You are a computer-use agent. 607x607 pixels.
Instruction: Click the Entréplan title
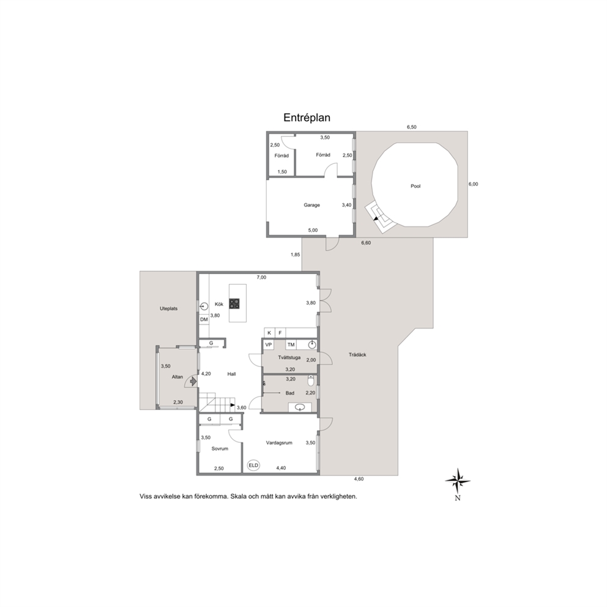pos(307,117)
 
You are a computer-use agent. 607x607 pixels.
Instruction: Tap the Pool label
pos(415,186)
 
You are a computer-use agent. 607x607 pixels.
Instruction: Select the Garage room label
pos(311,205)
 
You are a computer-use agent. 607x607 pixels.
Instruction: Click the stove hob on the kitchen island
pos(234,303)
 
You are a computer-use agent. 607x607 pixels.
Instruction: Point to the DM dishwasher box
pos(204,320)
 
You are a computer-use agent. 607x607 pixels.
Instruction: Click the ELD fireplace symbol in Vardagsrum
pos(253,465)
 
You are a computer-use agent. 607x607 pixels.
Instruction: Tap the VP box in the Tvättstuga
pos(268,344)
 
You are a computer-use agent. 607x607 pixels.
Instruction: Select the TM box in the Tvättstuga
pos(291,344)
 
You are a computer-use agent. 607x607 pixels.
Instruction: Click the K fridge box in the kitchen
pos(269,332)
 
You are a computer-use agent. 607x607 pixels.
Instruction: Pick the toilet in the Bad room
pos(311,382)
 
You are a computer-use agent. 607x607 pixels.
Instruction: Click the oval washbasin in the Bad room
pos(300,408)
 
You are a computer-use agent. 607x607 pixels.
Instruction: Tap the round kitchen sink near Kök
pos(204,306)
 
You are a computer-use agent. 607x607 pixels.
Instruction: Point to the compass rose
pos(458,481)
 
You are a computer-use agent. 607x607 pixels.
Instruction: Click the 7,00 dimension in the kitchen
pos(262,278)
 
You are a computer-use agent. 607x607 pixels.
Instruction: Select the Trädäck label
pos(357,355)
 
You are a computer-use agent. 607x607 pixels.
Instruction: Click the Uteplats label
pos(169,309)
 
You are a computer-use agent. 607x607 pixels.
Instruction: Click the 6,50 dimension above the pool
pos(412,127)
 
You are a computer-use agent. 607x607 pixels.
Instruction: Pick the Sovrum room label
pos(220,449)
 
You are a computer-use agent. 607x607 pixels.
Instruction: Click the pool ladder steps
pos(380,217)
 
